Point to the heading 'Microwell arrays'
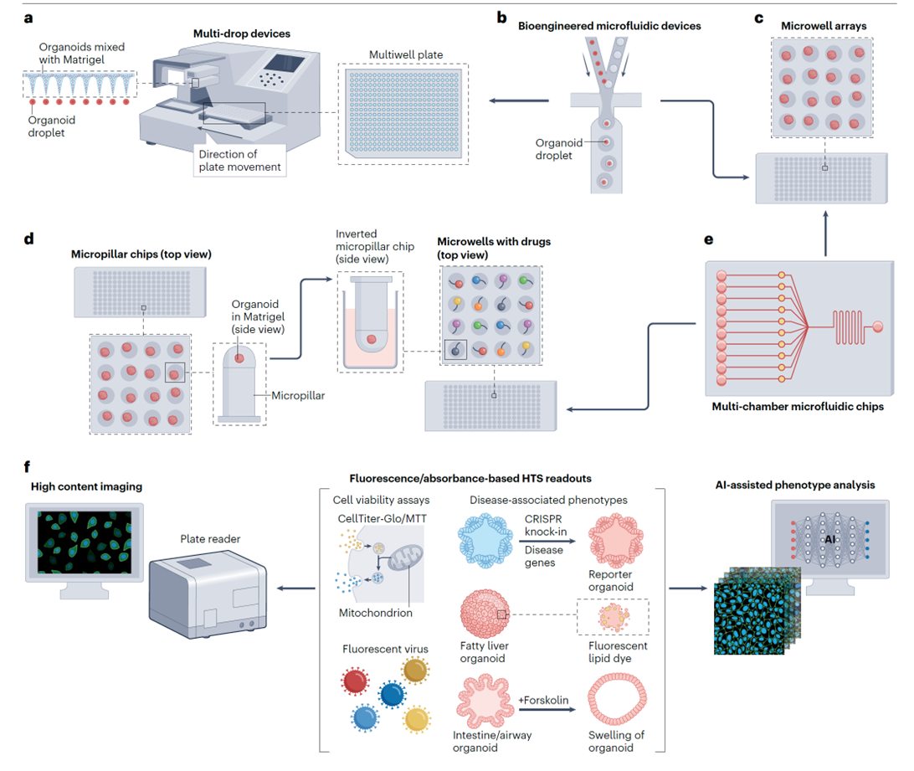(x=812, y=27)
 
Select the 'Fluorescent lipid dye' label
(x=619, y=653)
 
